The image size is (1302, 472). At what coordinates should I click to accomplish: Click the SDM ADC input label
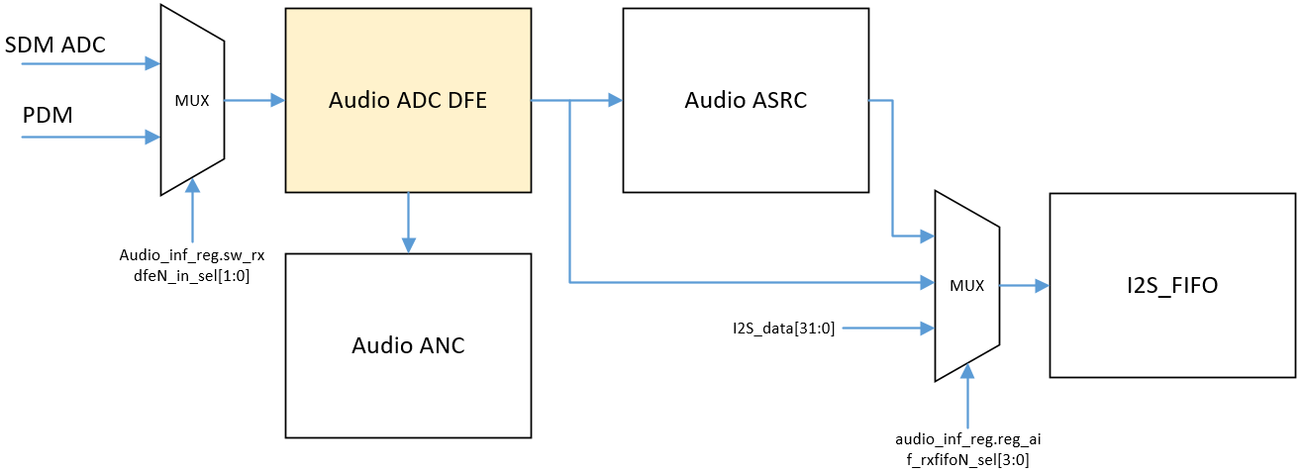tap(55, 45)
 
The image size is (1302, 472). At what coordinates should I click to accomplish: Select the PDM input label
tap(49, 117)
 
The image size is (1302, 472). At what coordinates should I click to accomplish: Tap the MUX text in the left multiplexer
tap(192, 101)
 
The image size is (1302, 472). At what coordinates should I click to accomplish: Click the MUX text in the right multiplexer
tap(966, 285)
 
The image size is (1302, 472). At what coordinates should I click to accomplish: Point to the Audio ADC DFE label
tap(408, 100)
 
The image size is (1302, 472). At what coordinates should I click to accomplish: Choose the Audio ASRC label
tap(746, 100)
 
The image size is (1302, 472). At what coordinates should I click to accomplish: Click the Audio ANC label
tap(408, 345)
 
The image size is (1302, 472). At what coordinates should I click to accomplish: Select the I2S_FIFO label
tap(1171, 286)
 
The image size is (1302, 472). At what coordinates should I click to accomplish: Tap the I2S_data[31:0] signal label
tap(777, 328)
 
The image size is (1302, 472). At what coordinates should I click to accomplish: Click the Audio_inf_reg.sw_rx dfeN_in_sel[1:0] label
tap(192, 267)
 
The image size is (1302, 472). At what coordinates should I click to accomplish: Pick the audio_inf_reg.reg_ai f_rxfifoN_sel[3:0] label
tap(967, 448)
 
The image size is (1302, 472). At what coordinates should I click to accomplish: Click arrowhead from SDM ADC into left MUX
tap(152, 63)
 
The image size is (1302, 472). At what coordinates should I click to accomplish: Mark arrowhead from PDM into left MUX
tap(152, 136)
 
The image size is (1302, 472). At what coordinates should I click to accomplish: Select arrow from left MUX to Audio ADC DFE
tap(254, 100)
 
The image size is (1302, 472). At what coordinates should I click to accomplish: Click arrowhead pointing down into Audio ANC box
tap(408, 245)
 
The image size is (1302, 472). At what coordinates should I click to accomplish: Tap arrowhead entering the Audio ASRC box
tap(615, 100)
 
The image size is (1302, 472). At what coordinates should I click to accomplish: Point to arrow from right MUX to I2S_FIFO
tap(1024, 286)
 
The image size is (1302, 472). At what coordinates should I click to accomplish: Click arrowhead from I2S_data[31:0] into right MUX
tap(927, 328)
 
